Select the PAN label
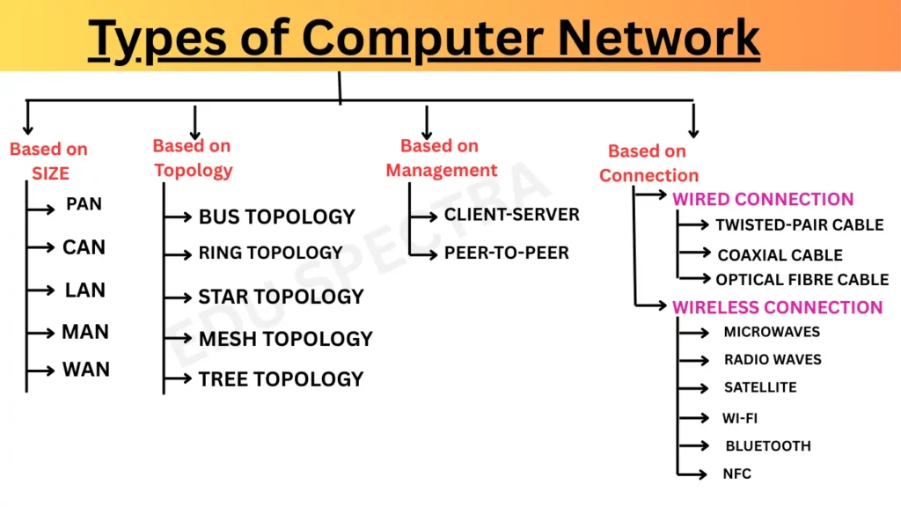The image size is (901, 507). tap(84, 204)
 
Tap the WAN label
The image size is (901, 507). tap(85, 369)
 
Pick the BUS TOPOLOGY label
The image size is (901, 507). tap(276, 217)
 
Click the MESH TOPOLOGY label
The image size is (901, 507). tap(285, 339)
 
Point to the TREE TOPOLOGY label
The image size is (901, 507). tap(281, 379)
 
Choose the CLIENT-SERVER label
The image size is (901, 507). tap(511, 215)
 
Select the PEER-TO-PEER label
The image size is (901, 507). tap(506, 253)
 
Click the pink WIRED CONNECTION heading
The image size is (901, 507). tap(763, 199)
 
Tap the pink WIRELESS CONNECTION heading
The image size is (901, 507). tap(777, 307)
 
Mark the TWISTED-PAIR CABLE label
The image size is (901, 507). tap(799, 225)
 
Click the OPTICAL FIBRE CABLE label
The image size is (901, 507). tap(802, 280)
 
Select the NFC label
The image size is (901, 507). tap(737, 474)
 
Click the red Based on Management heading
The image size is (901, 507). tap(441, 158)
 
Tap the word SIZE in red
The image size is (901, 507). tap(50, 174)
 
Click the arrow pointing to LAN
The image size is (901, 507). tap(40, 290)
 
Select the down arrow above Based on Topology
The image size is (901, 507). tap(194, 122)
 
